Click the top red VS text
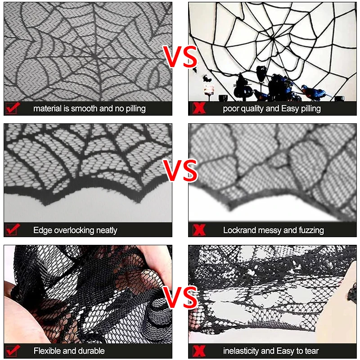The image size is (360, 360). coord(180,57)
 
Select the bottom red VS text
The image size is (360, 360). coord(180,297)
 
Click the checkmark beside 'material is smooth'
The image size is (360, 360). coord(12,108)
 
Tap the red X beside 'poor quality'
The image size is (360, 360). coord(199,108)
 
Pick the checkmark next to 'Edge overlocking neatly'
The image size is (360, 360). coord(12,230)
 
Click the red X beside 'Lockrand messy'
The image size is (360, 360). coord(199,230)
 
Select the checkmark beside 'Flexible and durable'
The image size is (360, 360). coord(12,351)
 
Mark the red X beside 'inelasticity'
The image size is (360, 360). coord(199,351)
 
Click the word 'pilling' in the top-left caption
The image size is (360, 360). coord(134,109)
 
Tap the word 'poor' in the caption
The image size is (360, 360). coord(231,109)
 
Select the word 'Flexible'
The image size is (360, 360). coord(47,351)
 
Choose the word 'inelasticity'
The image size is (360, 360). coord(243,351)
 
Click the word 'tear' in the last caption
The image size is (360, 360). coord(311,351)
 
